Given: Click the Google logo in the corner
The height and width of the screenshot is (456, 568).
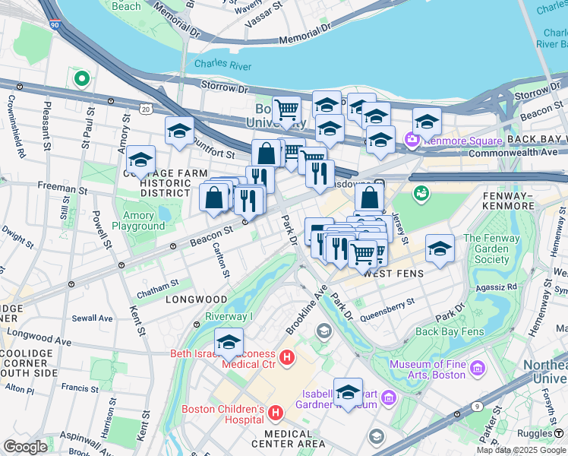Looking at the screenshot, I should [26, 447].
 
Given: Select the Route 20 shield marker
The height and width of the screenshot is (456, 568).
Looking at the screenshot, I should [145, 109].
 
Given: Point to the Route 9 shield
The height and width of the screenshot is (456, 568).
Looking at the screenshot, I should [475, 406].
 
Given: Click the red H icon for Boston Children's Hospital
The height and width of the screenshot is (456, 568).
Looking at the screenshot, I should [276, 413].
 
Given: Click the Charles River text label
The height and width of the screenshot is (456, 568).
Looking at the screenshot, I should [222, 64].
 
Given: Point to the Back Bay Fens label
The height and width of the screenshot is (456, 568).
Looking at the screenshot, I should [450, 331].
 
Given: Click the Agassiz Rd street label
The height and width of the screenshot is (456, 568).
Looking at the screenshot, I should [498, 287].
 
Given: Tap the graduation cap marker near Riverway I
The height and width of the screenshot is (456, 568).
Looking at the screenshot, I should [229, 342].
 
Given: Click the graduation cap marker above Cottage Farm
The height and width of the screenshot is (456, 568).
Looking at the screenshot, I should [140, 160].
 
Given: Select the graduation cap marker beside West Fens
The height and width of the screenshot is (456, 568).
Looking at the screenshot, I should [440, 248].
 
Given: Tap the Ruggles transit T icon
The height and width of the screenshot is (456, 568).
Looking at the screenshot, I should [558, 434].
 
